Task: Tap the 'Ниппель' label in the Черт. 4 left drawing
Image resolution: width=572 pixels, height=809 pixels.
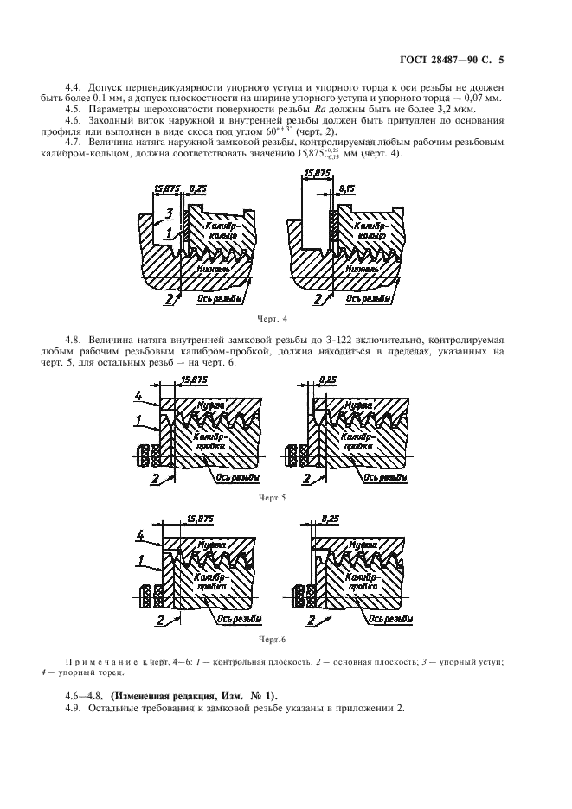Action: (x=215, y=269)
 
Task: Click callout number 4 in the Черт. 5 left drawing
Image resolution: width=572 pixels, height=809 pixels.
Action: (x=138, y=395)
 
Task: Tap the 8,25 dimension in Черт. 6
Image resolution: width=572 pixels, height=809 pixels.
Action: (x=328, y=518)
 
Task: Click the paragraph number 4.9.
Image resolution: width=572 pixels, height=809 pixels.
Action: (x=74, y=709)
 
